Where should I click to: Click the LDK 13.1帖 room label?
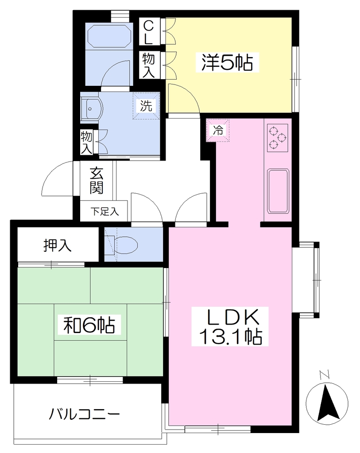[x=230, y=326]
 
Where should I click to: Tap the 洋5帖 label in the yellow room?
[x=227, y=62]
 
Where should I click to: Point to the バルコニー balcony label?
[x=84, y=415]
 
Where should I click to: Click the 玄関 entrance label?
[x=97, y=180]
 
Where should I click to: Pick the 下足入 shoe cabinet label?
[x=105, y=211]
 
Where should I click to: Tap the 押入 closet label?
[x=57, y=246]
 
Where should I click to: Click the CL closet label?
[x=148, y=32]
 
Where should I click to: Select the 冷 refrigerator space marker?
[x=218, y=131]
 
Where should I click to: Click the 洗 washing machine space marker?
[x=146, y=105]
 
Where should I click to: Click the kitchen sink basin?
[x=278, y=191]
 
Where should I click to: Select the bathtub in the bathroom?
[x=108, y=35]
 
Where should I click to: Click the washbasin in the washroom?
[x=91, y=109]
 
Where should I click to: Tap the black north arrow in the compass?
[x=328, y=403]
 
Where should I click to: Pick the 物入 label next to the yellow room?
[x=149, y=65]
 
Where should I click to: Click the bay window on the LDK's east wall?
[x=310, y=280]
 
